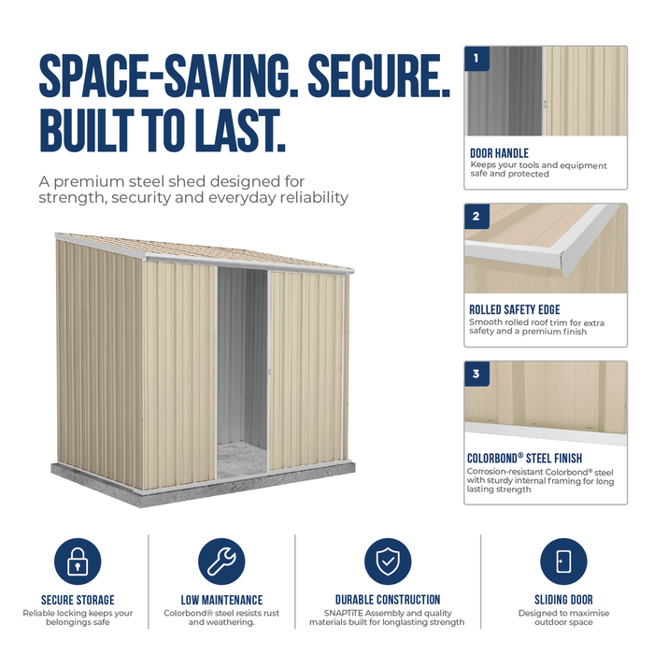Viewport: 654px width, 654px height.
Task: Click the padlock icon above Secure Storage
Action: [x=78, y=562]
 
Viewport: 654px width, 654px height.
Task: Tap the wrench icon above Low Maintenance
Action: [x=221, y=562]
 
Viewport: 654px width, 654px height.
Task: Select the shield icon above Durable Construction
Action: [x=388, y=562]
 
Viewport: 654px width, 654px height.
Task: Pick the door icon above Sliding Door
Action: [x=563, y=562]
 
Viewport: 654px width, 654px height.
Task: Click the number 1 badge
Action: [x=476, y=58]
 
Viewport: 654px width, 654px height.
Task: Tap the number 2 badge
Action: [x=476, y=216]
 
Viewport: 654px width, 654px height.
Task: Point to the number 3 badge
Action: [x=476, y=374]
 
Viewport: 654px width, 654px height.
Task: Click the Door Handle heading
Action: [x=499, y=153]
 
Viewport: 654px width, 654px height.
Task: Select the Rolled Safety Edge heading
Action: [x=515, y=309]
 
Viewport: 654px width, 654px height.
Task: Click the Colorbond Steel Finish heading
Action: [x=524, y=459]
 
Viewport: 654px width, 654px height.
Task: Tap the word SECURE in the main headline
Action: [x=379, y=76]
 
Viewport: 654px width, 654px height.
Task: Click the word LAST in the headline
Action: [x=241, y=131]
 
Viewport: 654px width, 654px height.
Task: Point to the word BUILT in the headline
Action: [x=87, y=131]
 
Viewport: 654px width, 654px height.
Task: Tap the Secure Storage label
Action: [x=78, y=600]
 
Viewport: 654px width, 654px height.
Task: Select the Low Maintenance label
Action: [x=221, y=600]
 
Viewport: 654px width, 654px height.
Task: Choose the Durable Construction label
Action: [x=388, y=600]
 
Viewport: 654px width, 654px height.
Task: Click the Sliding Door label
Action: [x=563, y=600]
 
